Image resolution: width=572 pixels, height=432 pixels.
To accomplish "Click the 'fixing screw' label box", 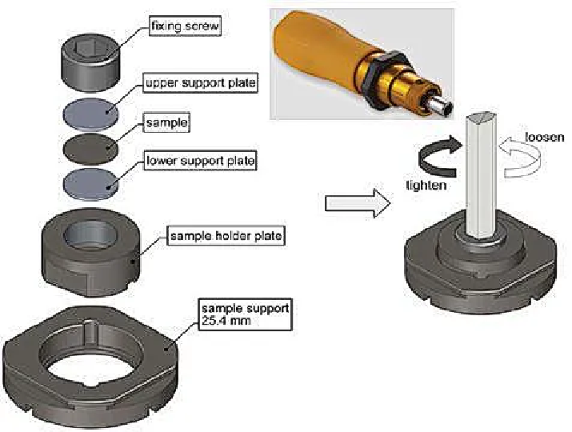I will click(185, 27).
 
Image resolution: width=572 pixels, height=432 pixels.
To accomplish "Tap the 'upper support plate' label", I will click(200, 82).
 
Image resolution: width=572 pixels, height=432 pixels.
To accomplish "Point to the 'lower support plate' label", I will click(200, 162).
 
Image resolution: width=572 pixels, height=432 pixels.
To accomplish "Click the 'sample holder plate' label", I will click(215, 236).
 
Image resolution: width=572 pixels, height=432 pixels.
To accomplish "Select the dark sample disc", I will click(90, 146).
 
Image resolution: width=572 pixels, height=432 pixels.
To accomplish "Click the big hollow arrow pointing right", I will click(356, 203).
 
